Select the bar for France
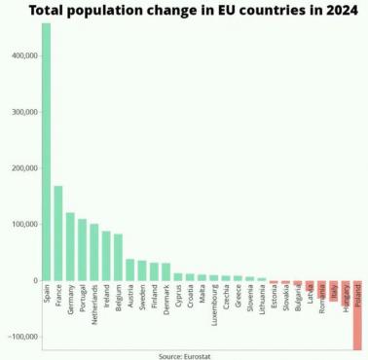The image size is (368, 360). (x=58, y=233)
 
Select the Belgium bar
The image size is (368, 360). (x=118, y=257)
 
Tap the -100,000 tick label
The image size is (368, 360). (x=18, y=337)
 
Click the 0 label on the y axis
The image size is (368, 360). (x=34, y=280)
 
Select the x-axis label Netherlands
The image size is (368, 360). (x=94, y=305)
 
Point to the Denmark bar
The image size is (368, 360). (x=166, y=271)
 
